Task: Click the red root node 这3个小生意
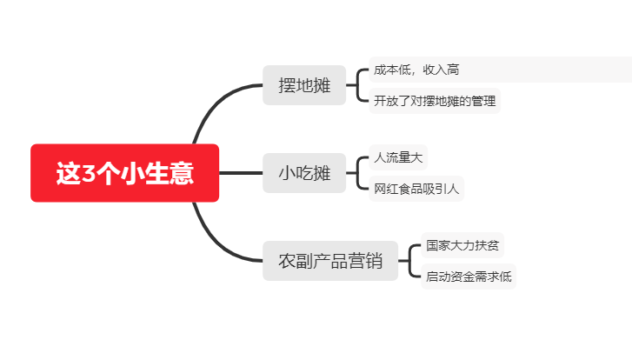125,173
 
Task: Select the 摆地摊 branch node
304,85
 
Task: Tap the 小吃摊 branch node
304,173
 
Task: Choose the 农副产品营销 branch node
330,261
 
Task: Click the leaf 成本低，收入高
500,70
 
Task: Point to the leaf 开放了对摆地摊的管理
435,101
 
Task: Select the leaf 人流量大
398,157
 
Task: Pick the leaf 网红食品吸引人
416,189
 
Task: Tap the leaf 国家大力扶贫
462,245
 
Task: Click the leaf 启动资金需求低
469,277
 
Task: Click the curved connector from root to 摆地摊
216,103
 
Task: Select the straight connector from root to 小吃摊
241,173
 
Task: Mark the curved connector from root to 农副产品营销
216,243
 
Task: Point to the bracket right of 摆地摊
357,85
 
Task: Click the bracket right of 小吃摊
357,173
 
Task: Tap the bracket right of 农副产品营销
409,261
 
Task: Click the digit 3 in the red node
89,174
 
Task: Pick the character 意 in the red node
182,173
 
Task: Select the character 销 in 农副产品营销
374,261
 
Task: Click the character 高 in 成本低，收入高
453,70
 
